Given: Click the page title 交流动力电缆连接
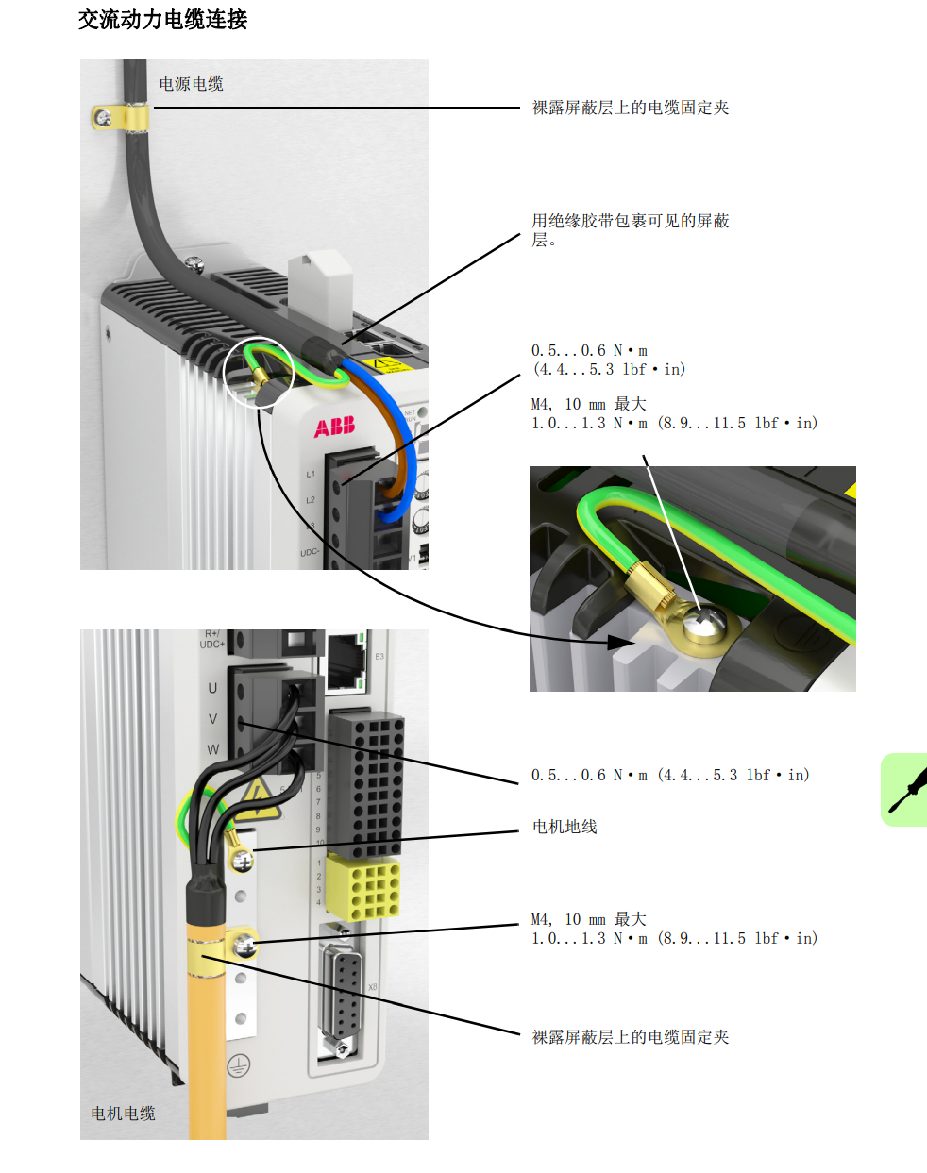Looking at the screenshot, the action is pos(162,20).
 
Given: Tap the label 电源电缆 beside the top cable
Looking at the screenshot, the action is pos(192,84).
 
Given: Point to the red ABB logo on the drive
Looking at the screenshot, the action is pos(334,427).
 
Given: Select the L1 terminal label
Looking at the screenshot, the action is pos(311,475).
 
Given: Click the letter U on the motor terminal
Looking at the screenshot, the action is pos(212,689).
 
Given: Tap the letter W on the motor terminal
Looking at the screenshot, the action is pos(212,750).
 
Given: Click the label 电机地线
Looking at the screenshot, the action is pos(565,827).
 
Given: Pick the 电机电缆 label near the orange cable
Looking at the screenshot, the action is pos(124,1113).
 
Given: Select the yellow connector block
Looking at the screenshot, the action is pos(362,887).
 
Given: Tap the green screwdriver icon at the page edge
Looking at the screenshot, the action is pos(904,790).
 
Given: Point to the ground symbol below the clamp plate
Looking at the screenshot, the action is pos(238,1064).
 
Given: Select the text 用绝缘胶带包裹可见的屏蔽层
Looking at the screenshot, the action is pos(631,229).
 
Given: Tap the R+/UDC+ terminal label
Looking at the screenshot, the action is pos(211,639).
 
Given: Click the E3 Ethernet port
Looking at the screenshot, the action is pos(346,662).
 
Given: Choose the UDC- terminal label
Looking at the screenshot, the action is pos(310,552).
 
